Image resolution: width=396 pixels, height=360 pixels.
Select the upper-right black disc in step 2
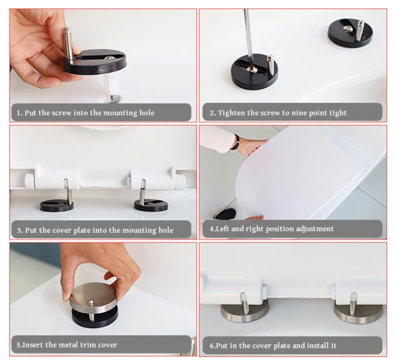350,33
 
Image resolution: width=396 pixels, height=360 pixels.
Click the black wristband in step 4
236,142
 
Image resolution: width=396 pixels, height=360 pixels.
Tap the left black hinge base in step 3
57,206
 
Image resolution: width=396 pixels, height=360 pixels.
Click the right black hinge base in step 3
151,205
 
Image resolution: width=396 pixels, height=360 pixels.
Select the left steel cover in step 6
244,312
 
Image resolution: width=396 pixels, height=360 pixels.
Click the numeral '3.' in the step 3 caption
20,230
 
